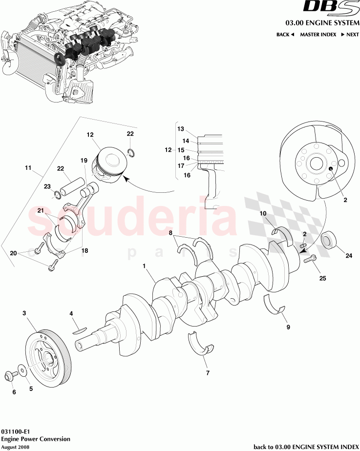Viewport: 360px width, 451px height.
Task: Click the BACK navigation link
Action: (x=285, y=35)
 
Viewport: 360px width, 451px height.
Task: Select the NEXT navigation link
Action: (x=350, y=35)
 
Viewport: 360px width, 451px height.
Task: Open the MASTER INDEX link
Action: (x=318, y=35)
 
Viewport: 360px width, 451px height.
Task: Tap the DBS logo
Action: (x=331, y=8)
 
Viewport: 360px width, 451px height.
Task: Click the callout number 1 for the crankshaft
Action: (x=145, y=266)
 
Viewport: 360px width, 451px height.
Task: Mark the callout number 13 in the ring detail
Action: (x=180, y=129)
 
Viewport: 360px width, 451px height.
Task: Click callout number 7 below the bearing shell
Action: (x=208, y=373)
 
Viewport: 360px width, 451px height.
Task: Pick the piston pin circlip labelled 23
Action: (x=58, y=197)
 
